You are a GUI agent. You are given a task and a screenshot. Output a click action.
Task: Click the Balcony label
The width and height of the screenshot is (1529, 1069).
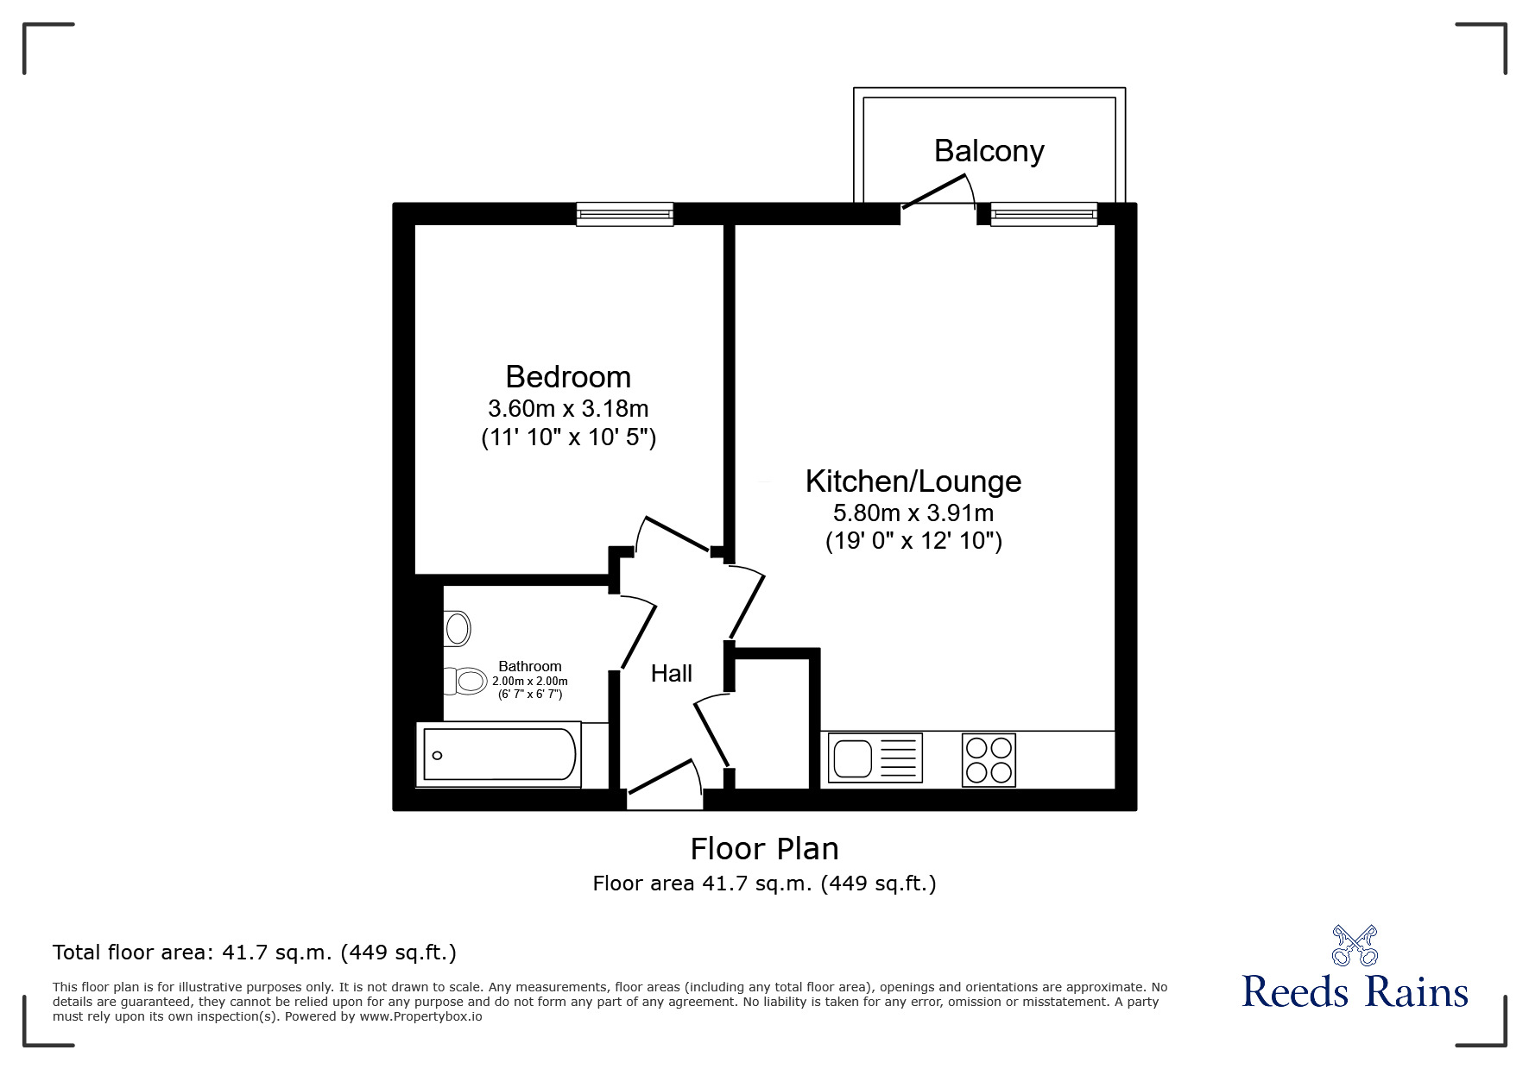(989, 152)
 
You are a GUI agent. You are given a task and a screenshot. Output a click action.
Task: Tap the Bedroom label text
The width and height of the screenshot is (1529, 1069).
(568, 377)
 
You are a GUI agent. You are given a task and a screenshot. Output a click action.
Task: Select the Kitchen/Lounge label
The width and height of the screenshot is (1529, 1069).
(913, 481)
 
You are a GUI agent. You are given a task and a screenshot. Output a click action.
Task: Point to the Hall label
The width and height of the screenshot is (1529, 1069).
(672, 673)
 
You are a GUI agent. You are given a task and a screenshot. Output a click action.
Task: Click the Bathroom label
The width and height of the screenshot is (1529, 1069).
(530, 666)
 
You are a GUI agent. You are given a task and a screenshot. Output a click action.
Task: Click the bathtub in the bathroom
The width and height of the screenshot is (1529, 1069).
(499, 755)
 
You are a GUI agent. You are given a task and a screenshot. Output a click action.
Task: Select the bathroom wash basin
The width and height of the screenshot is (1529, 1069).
(458, 628)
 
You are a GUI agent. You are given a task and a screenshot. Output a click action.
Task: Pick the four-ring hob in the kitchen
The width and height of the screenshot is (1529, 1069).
(989, 759)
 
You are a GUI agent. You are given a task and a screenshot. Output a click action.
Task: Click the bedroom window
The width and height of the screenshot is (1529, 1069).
(624, 214)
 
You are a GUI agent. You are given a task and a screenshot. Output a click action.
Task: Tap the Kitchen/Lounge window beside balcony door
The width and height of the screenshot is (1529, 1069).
(1044, 214)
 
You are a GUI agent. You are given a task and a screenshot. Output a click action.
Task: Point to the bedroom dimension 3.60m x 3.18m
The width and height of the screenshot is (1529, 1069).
(568, 408)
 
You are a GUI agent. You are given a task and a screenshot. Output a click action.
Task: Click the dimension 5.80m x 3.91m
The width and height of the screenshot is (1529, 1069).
(913, 513)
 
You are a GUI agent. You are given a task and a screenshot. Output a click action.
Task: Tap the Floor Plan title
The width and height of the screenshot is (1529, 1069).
(764, 849)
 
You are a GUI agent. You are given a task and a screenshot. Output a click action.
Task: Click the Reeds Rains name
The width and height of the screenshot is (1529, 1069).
(1355, 992)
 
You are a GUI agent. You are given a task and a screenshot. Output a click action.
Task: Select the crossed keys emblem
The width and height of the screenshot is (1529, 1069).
(1355, 945)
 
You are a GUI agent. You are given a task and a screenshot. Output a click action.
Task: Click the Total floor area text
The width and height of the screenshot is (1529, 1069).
(255, 953)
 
